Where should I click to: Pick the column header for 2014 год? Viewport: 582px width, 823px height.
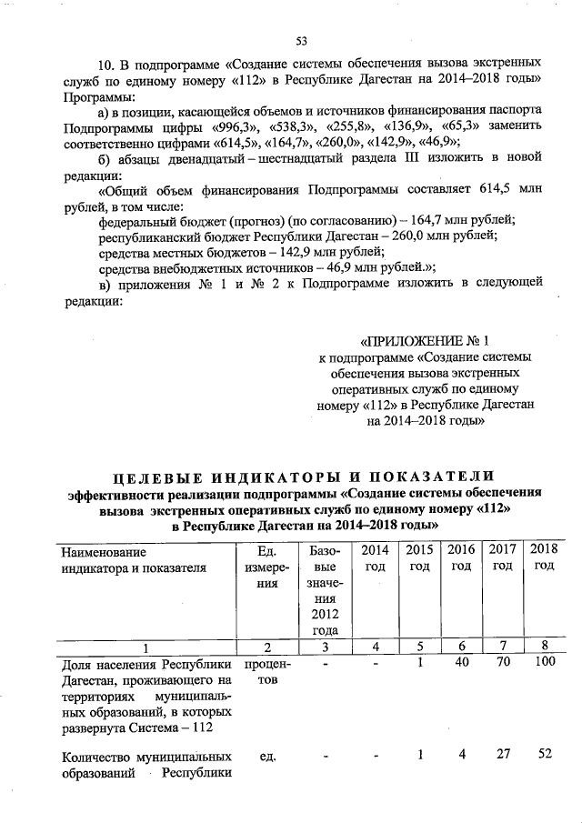click(x=374, y=557)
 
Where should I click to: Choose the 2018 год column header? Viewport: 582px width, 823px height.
click(x=543, y=557)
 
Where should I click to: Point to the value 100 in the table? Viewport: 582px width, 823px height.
click(x=543, y=665)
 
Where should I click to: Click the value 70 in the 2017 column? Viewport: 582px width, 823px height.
click(x=502, y=665)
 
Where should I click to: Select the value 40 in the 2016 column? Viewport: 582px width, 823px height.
click(x=461, y=665)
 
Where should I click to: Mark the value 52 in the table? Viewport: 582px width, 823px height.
click(x=544, y=754)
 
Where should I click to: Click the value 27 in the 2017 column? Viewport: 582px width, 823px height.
click(x=502, y=754)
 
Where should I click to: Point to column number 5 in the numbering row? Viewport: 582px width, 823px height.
click(x=419, y=647)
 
